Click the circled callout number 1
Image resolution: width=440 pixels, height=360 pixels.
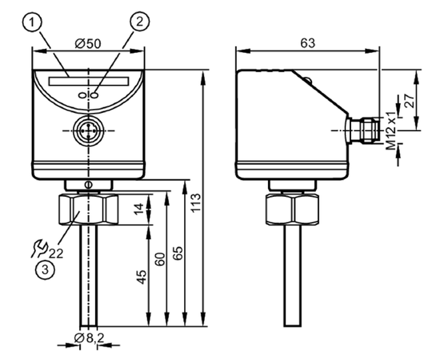pyautogui.click(x=32, y=22)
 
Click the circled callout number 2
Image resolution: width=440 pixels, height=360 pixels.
pyautogui.click(x=139, y=22)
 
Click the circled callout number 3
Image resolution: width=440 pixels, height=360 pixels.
pyautogui.click(x=45, y=270)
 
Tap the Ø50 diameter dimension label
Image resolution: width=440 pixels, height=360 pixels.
pyautogui.click(x=88, y=44)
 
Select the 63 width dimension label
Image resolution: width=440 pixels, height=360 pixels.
pyautogui.click(x=308, y=43)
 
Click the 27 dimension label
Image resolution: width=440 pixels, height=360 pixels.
pyautogui.click(x=409, y=102)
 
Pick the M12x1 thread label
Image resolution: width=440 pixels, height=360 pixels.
pyautogui.click(x=390, y=130)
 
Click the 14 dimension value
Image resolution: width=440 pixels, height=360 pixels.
pyautogui.click(x=139, y=209)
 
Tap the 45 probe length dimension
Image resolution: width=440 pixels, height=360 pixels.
pyautogui.click(x=142, y=277)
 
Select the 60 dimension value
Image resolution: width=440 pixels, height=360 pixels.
pyautogui.click(x=160, y=259)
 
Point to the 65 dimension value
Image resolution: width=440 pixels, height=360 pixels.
pyautogui.click(x=178, y=253)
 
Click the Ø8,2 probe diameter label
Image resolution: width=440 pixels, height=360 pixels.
pyautogui.click(x=89, y=338)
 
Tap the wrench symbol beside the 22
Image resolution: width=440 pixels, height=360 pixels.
pyautogui.click(x=39, y=249)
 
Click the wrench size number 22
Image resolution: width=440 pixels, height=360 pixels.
pyautogui.click(x=56, y=254)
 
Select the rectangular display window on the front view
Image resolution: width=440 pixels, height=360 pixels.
pyautogui.click(x=89, y=81)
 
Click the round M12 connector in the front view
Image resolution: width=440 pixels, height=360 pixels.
pyautogui.click(x=89, y=130)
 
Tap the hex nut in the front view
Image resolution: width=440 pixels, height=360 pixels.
pyautogui.click(x=88, y=210)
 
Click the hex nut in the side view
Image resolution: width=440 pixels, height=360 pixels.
pyautogui.click(x=292, y=210)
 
